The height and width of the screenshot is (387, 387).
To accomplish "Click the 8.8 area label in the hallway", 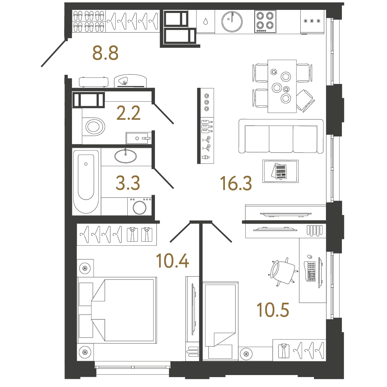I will click(105, 53).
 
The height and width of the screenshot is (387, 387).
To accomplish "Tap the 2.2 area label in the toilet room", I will click(128, 113).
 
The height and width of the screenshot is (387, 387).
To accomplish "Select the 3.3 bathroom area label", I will click(128, 183).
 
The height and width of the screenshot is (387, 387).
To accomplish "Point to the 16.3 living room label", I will click(236, 183).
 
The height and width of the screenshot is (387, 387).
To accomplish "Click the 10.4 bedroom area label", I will click(172, 261).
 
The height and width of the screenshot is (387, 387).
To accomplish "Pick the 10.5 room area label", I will click(273, 310).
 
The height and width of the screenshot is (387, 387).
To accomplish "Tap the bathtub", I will click(86, 181).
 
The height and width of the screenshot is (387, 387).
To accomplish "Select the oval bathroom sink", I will click(126, 156).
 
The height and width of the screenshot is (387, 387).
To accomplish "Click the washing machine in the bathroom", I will click(140, 206).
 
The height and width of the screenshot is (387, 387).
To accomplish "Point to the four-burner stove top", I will click(265, 21).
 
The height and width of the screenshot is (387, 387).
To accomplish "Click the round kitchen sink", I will click(232, 21).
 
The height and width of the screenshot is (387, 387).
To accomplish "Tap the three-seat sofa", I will click(281, 137).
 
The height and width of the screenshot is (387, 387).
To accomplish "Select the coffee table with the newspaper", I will click(281, 171).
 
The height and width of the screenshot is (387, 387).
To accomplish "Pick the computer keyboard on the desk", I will click(311, 271).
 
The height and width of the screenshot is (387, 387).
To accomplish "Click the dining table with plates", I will click(282, 86).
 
